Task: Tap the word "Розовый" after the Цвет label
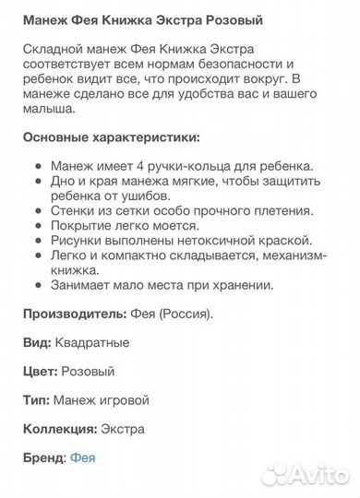(x=88, y=371)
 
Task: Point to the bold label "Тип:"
(x=39, y=400)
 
